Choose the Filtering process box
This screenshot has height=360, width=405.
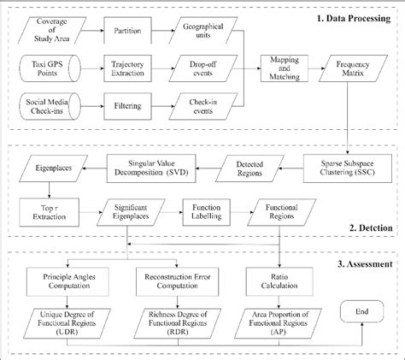pyautogui.click(x=125, y=106)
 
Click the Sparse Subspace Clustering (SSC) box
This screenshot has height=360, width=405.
pyautogui.click(x=346, y=165)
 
